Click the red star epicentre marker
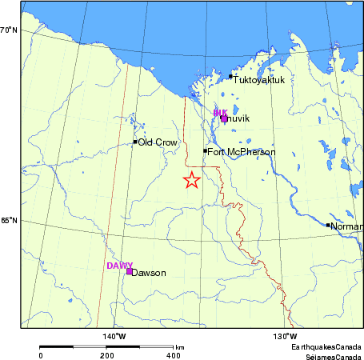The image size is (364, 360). [x=191, y=180]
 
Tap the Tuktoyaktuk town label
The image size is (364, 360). [x=258, y=79]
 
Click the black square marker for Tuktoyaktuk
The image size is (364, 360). [x=230, y=77]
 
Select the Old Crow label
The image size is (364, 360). [x=158, y=142]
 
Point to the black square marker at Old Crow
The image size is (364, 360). [x=135, y=142]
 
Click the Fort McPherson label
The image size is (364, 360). [x=242, y=152]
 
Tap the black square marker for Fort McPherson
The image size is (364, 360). [x=205, y=150]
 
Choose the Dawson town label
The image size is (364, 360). [x=149, y=273]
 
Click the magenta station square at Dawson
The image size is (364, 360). [x=129, y=271]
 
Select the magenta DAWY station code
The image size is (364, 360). [x=119, y=265]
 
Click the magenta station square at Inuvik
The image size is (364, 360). [x=224, y=118]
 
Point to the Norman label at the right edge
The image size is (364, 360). [x=346, y=226]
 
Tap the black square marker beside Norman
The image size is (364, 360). [x=328, y=225]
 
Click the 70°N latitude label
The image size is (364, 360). [x=10, y=30]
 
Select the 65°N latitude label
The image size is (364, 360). [x=10, y=221]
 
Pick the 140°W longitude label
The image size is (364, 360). [x=114, y=335]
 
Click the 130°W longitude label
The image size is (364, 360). [x=286, y=335]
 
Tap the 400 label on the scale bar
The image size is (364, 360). [x=173, y=354]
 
